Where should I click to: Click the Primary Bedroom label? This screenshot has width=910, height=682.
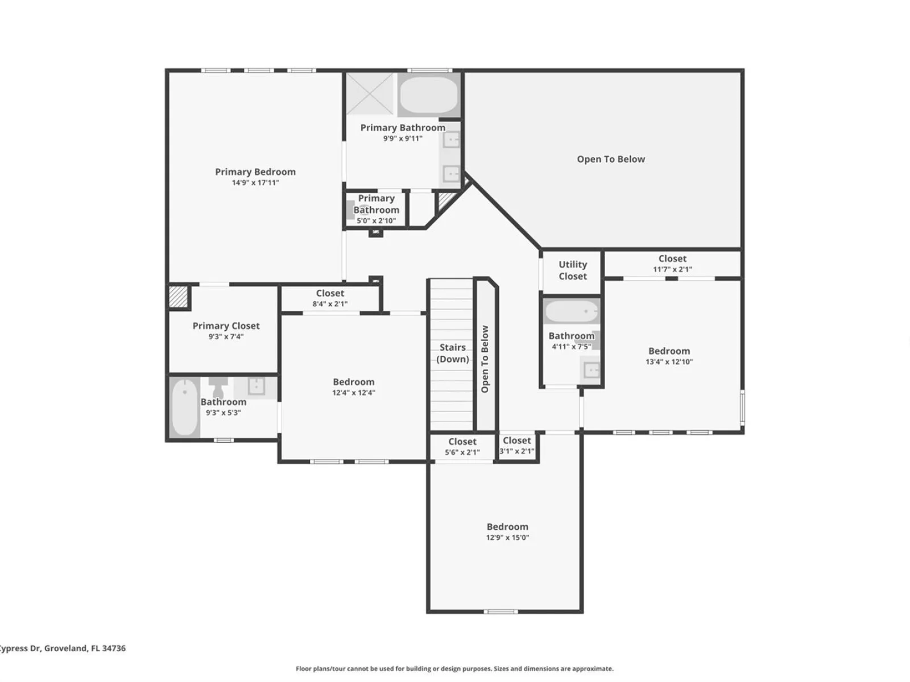pyautogui.click(x=255, y=172)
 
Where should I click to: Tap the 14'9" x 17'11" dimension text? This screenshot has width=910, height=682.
pyautogui.click(x=255, y=182)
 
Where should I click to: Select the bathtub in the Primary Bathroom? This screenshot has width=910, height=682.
pyautogui.click(x=429, y=95)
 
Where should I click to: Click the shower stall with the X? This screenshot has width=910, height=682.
pyautogui.click(x=370, y=94)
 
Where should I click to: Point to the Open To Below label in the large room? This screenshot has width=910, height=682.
pyautogui.click(x=611, y=159)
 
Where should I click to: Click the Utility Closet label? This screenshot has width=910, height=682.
pyautogui.click(x=573, y=271)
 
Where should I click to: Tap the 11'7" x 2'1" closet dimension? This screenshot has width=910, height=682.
pyautogui.click(x=672, y=269)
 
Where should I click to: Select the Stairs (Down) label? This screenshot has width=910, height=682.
pyautogui.click(x=452, y=353)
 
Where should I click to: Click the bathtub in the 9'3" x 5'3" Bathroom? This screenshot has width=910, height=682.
pyautogui.click(x=184, y=407)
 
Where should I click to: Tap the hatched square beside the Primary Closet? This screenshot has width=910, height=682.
pyautogui.click(x=178, y=297)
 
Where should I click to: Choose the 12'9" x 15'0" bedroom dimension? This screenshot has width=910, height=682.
pyautogui.click(x=507, y=538)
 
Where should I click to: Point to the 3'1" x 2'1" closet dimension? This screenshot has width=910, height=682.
pyautogui.click(x=517, y=451)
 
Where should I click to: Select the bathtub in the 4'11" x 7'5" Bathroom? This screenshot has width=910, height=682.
pyautogui.click(x=572, y=311)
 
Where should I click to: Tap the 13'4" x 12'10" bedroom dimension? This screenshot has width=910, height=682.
pyautogui.click(x=669, y=361)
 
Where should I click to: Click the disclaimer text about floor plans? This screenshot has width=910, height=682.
pyautogui.click(x=454, y=669)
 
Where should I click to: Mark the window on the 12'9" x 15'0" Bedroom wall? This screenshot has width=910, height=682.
pyautogui.click(x=500, y=611)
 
